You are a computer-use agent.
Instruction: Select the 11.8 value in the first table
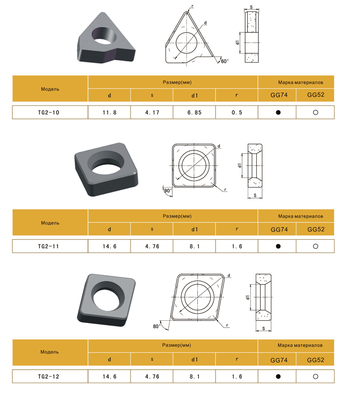(110, 113)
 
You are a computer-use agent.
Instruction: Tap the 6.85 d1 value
(195, 113)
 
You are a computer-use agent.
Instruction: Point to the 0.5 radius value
(237, 113)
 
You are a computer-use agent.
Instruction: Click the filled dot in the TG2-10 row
(278, 112)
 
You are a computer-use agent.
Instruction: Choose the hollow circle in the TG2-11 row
(315, 246)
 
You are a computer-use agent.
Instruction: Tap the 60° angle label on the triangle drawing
(225, 61)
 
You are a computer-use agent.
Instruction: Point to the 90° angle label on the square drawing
(168, 190)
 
